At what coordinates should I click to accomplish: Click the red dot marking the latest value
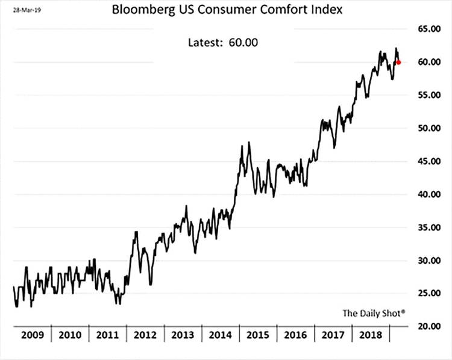[399, 62]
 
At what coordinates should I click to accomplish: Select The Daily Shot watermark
[374, 312]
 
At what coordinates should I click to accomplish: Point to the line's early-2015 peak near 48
[249, 143]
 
